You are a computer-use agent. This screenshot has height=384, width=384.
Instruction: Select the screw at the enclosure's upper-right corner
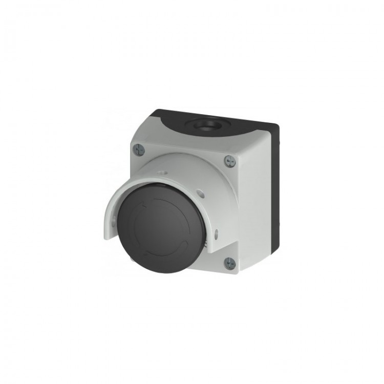tap(229, 161)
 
